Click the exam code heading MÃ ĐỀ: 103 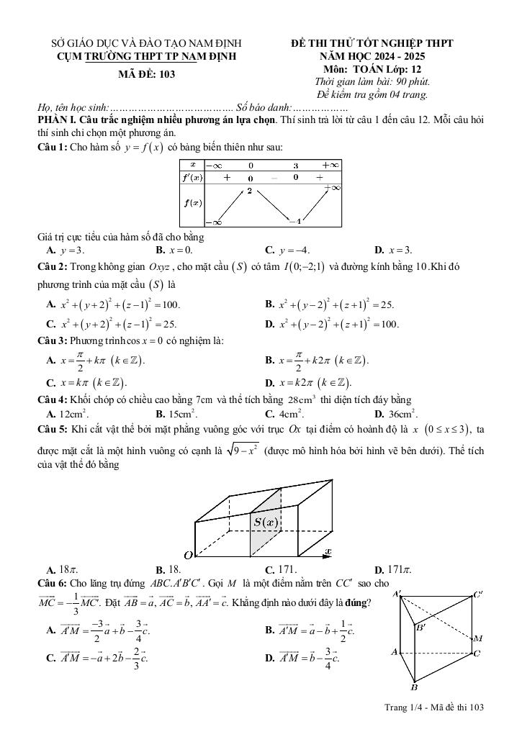click(x=146, y=73)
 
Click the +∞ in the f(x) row click(x=332, y=187)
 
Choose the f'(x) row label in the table click(x=192, y=177)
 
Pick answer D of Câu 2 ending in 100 click(x=332, y=324)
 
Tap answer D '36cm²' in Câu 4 click(x=395, y=414)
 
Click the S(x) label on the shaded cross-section click(x=266, y=522)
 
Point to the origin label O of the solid click(x=188, y=555)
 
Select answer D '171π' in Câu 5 click(x=393, y=569)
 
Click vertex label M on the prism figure click(x=479, y=638)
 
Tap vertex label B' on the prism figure click(x=421, y=627)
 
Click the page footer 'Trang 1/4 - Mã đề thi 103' click(x=434, y=707)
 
